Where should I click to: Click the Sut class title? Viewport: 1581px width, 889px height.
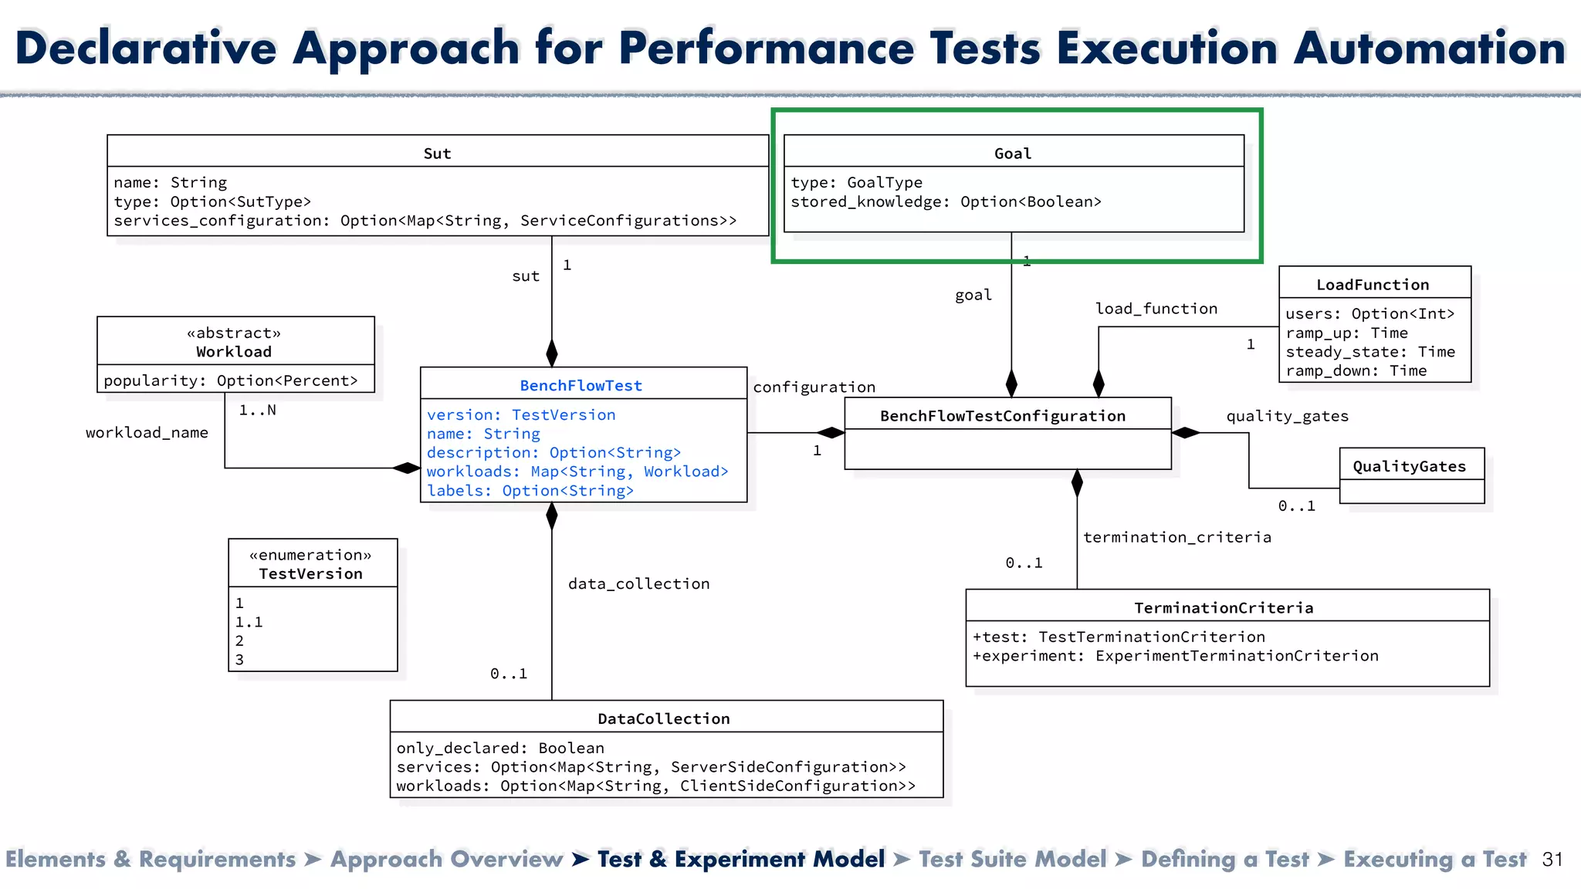[x=437, y=153]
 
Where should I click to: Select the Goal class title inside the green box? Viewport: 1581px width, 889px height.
[x=1012, y=153]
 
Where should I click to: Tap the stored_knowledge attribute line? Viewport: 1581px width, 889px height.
[x=946, y=201]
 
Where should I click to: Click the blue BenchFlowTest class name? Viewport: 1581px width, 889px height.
[x=581, y=385]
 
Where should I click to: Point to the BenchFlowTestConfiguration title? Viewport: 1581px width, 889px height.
[x=1002, y=415]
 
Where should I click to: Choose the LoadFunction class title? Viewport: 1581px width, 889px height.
[x=1372, y=284]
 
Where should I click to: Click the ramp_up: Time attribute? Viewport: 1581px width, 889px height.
[x=1346, y=333]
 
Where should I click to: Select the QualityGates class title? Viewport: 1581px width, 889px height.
[x=1409, y=465]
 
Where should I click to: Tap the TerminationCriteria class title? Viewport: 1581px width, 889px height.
[x=1223, y=607]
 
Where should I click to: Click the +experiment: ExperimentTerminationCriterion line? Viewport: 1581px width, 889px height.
[x=1175, y=655]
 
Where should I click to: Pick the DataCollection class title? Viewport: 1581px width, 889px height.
[x=663, y=718]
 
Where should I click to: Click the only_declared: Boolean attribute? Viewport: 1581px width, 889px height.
[x=500, y=747]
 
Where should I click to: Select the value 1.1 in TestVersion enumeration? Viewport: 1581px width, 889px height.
[x=249, y=621]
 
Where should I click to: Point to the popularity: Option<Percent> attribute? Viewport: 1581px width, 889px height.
[x=231, y=380]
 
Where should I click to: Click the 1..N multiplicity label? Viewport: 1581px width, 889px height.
[x=257, y=410]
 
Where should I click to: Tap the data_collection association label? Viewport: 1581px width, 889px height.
[x=638, y=583]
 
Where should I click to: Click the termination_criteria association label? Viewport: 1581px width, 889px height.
[x=1176, y=536]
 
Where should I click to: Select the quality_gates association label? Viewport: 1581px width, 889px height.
[x=1287, y=415]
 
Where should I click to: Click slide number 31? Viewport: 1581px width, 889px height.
[x=1552, y=859]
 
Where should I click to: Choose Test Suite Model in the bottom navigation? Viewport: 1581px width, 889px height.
[x=1012, y=859]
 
